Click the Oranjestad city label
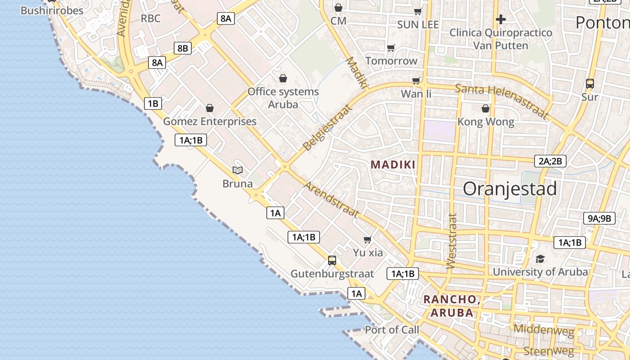tap(510, 189)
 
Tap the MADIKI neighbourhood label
tap(393, 165)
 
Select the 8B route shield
tap(183, 48)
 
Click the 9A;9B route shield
tap(599, 219)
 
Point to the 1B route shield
tap(153, 103)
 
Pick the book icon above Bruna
tap(238, 170)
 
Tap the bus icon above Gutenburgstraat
tap(332, 260)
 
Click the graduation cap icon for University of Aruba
tap(540, 259)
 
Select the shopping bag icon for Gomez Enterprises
tap(209, 108)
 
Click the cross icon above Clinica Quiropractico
tap(500, 19)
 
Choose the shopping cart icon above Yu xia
tap(368, 239)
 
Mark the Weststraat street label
tap(452, 241)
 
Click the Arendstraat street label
tap(331, 199)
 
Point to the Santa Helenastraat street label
tap(502, 101)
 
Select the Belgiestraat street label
tap(327, 127)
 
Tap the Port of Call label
tap(391, 330)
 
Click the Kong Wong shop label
tap(486, 122)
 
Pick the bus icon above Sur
tap(589, 84)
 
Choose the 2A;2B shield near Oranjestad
tap(550, 161)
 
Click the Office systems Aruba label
tap(283, 98)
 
